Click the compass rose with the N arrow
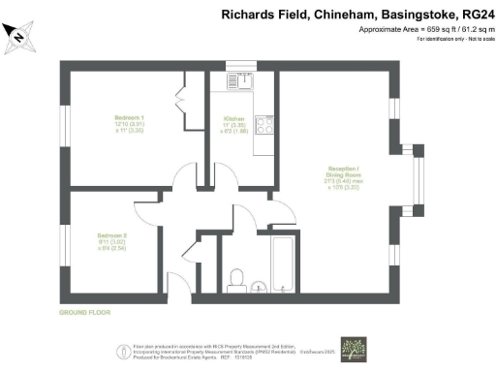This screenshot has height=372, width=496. (21, 36)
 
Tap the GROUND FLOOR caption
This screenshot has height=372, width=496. (84, 313)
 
